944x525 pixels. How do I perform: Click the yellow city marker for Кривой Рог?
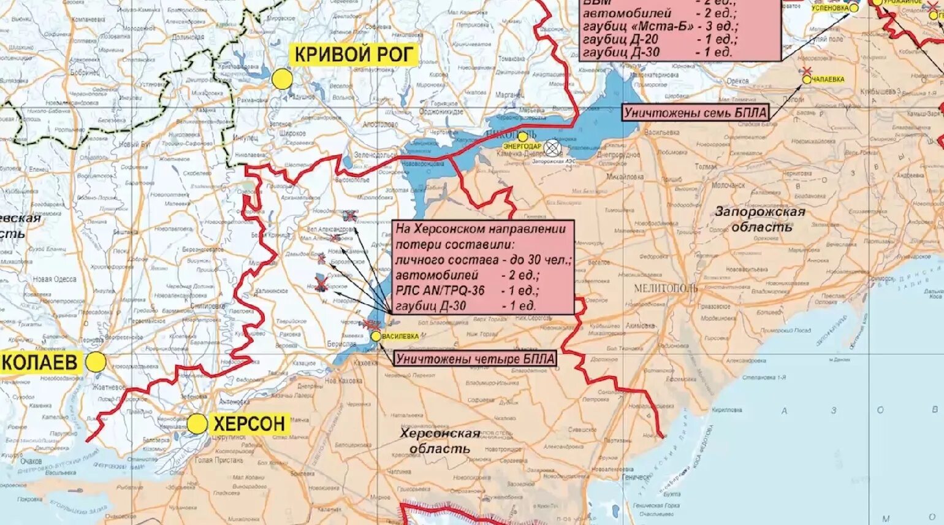pos(283,79)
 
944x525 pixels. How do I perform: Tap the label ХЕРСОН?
pos(249,423)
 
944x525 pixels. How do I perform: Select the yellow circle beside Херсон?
pos(197,424)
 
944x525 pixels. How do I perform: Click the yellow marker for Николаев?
pos(96,362)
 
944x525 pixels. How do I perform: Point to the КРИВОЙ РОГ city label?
pos(354,55)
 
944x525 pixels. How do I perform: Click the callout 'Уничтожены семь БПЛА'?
pos(695,113)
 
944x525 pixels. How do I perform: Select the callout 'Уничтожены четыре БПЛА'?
pos(475,359)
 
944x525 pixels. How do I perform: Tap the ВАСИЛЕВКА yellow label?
pos(400,336)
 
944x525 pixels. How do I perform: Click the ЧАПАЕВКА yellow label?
pos(828,79)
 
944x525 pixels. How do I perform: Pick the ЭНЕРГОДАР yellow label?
pos(522,147)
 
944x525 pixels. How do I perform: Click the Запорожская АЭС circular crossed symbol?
pos(552,147)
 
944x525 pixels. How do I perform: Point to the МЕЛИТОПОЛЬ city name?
pos(665,288)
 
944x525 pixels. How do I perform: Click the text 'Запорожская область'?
pos(760,219)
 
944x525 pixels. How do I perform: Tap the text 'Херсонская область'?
pos(440,441)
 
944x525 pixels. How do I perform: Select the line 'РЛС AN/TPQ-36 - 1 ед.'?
pos(467,291)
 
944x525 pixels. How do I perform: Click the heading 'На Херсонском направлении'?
pos(481,229)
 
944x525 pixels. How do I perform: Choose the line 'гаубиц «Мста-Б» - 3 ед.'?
pos(660,26)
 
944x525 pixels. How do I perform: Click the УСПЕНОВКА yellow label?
pos(830,8)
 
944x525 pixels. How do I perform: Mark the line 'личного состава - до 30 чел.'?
pos(483,260)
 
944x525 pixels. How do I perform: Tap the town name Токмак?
pos(706,166)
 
